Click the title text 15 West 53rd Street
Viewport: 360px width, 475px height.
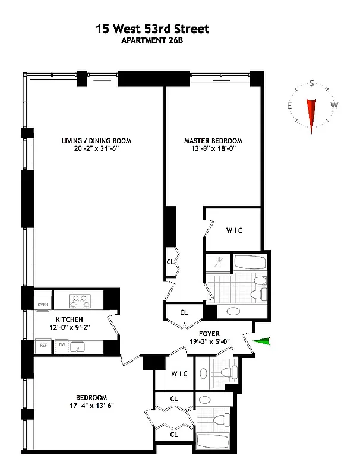(x=153, y=28)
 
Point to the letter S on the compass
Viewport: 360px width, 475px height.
(x=311, y=85)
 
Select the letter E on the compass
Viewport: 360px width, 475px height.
(x=289, y=106)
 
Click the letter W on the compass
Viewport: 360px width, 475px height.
(x=334, y=106)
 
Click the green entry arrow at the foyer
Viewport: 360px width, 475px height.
(x=261, y=341)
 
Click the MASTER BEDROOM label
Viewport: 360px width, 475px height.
(x=213, y=141)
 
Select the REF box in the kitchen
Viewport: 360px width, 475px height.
(x=43, y=345)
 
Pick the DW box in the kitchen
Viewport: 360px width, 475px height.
(x=61, y=345)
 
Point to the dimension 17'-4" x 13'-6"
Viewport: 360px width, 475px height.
(x=91, y=406)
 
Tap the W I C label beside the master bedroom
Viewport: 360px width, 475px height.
(x=233, y=230)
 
